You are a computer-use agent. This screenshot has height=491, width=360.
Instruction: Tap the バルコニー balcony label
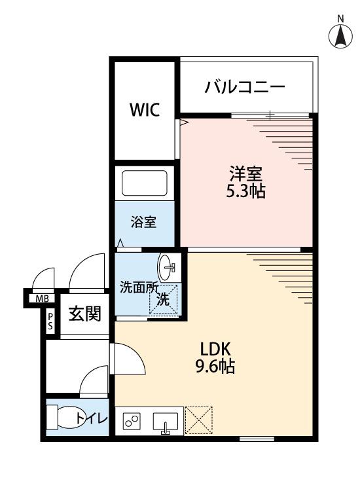pyautogui.click(x=244, y=87)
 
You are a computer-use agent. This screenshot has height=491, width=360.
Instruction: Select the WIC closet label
pyautogui.click(x=144, y=109)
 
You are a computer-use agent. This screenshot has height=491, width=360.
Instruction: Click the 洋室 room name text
pyautogui.click(x=245, y=175)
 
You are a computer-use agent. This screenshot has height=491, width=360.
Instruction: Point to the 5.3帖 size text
pyautogui.click(x=245, y=192)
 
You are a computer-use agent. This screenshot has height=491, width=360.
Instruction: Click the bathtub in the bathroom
pyautogui.click(x=144, y=183)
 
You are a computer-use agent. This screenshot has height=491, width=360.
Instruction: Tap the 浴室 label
pyautogui.click(x=145, y=222)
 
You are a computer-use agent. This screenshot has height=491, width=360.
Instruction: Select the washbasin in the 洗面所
pyautogui.click(x=168, y=266)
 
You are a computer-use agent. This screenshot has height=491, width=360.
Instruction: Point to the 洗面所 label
pyautogui.click(x=139, y=287)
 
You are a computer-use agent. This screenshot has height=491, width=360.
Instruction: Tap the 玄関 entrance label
pyautogui.click(x=85, y=314)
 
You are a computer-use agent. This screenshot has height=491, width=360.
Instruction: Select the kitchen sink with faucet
pyautogui.click(x=167, y=423)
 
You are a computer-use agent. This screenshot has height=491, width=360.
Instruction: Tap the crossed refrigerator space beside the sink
pyautogui.click(x=198, y=420)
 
